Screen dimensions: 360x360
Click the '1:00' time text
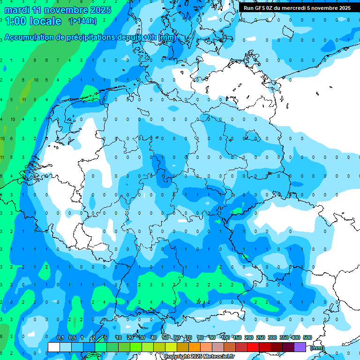tap(15, 21)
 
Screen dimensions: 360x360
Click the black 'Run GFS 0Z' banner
tap(297, 7)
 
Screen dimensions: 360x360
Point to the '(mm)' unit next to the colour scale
tap(317, 348)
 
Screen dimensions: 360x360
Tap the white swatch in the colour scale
tap(54, 347)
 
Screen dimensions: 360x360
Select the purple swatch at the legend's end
tap(300, 347)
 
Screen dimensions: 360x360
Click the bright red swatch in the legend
tap(253, 347)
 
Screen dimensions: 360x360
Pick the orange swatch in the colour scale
tap(195, 347)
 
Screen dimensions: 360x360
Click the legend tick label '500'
tap(307, 337)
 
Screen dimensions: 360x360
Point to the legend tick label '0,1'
tap(60, 337)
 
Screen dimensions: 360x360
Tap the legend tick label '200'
tap(248, 337)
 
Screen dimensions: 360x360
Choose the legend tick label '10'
tap(119, 337)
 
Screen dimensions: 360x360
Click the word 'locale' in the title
tap(45, 21)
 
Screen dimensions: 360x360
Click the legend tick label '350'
tap(284, 337)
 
